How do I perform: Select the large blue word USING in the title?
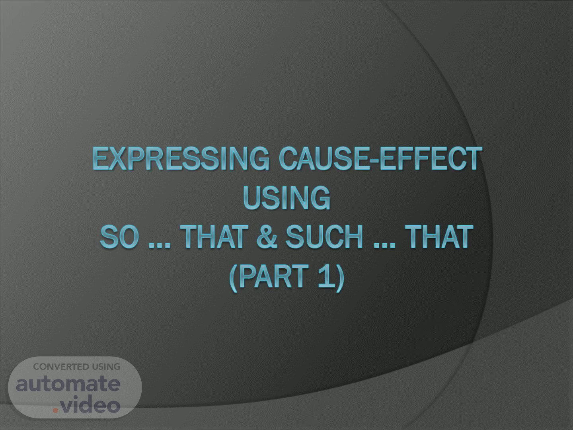[x=286, y=197]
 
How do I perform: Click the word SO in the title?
[x=119, y=237]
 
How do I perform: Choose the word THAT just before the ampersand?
[x=214, y=237]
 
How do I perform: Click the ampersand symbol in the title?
[x=267, y=237]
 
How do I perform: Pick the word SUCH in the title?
[x=324, y=237]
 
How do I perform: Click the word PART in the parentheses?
[x=274, y=276]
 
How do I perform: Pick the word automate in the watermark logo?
[x=68, y=384]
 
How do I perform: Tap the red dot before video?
[x=56, y=410]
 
